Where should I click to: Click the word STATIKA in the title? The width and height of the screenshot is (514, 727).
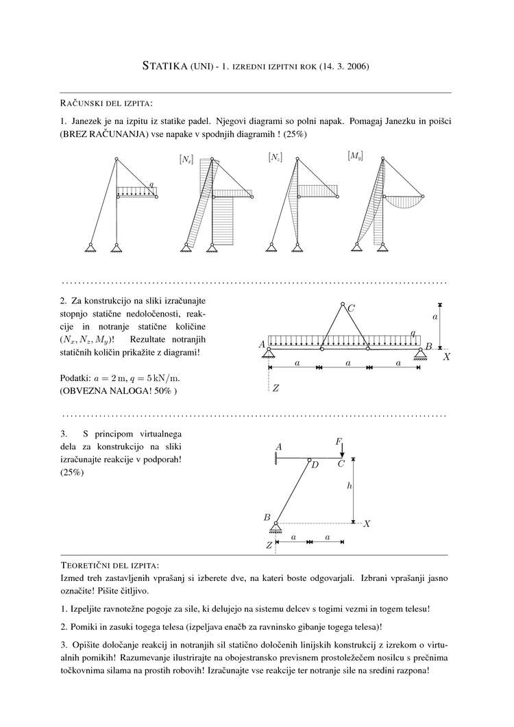pos(164,66)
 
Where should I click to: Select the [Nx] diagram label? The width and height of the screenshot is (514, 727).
pos(186,160)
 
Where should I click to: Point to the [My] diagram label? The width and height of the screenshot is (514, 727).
pos(355,156)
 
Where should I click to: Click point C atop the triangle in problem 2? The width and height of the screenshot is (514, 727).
pos(351,309)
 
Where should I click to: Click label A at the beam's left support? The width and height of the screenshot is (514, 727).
pos(262,345)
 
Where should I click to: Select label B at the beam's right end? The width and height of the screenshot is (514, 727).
pos(428,347)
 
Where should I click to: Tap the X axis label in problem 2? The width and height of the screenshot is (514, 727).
pos(446,357)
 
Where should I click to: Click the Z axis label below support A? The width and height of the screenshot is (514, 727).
pos(276,389)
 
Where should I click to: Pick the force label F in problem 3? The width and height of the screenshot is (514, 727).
pos(339,443)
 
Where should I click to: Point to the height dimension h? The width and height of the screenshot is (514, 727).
pos(350,485)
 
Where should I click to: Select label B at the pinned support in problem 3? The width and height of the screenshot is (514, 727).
pos(267,517)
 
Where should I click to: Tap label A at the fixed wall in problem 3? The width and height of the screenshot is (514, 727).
pos(279,447)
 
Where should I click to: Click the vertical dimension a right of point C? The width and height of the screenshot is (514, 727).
pos(435,317)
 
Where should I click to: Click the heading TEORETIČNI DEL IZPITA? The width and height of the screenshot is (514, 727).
pos(110,565)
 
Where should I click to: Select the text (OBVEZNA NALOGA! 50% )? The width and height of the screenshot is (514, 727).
pos(118,391)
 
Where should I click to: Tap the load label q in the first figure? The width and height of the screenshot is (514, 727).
pos(151,185)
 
